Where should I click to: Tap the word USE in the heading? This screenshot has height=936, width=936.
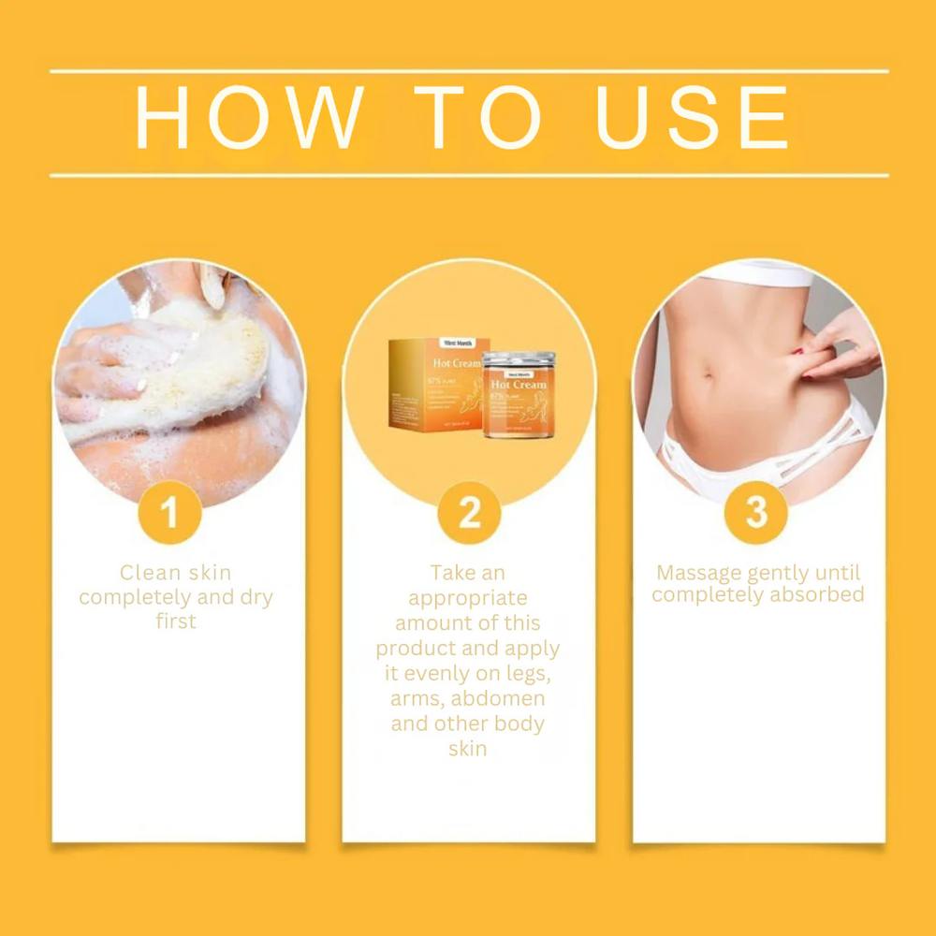693,119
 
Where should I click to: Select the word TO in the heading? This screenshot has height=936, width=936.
478,119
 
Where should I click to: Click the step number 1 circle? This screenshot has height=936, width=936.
170,512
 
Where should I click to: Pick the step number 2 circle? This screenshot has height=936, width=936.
469,512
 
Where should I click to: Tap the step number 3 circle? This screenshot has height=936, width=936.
756,512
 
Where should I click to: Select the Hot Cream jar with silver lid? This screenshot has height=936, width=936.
519,398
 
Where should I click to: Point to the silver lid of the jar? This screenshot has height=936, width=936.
519,359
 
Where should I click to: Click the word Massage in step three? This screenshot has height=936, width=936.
699,573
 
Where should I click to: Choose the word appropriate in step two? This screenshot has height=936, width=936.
468,598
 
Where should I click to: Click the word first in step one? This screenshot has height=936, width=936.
176,622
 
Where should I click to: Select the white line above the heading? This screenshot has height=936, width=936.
468,71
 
